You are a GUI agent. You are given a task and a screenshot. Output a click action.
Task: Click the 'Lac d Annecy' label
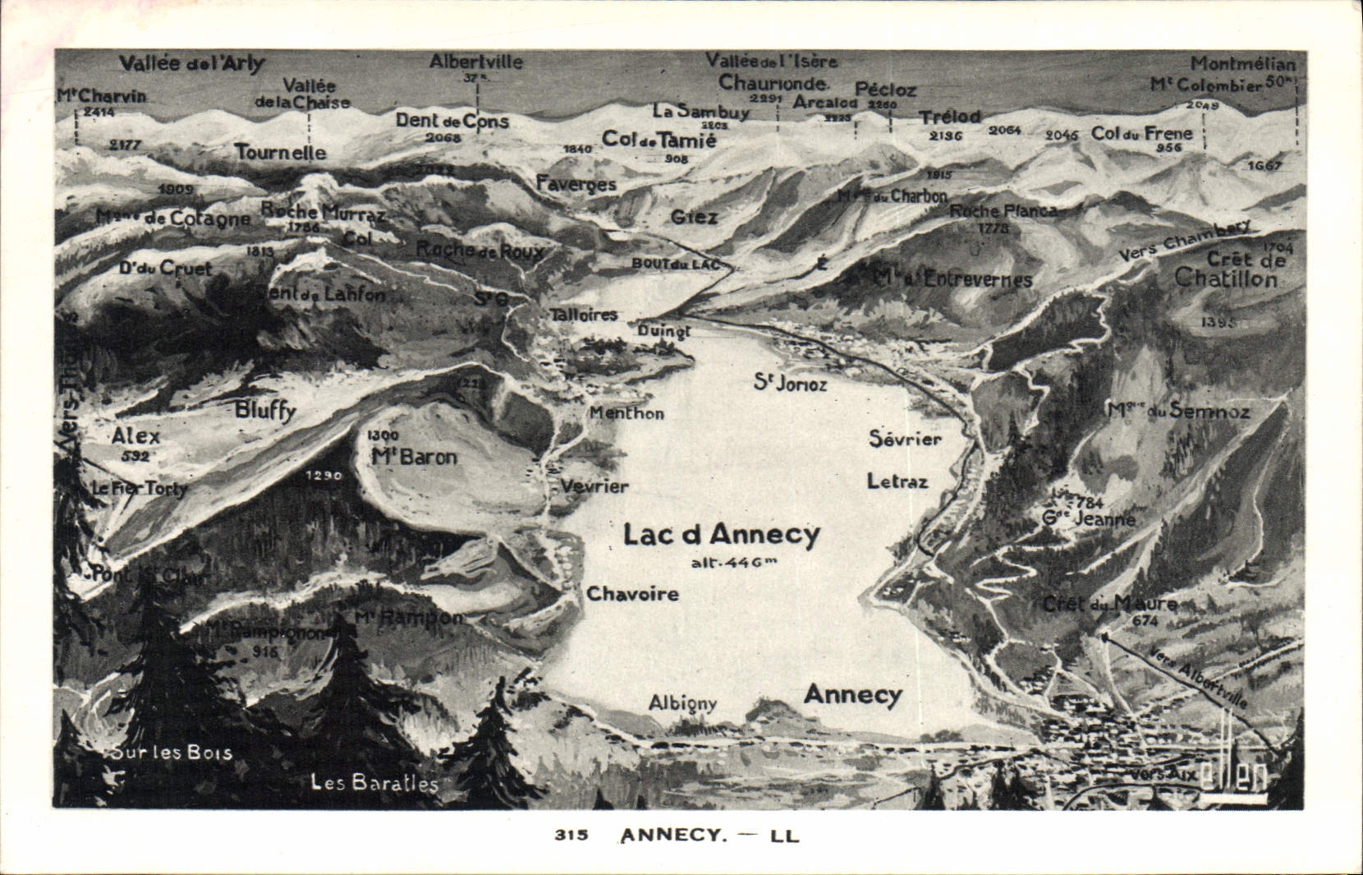(721, 535)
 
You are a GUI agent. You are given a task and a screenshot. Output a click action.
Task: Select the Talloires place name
(583, 315)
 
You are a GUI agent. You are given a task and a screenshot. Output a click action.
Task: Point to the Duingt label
(664, 331)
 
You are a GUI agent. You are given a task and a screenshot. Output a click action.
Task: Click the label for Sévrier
(905, 440)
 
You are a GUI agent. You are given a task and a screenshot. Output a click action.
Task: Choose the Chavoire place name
(632, 594)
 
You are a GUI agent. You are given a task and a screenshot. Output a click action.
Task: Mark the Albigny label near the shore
(682, 703)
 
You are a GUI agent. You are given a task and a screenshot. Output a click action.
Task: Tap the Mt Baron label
(414, 458)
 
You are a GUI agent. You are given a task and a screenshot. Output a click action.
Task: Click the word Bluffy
(264, 411)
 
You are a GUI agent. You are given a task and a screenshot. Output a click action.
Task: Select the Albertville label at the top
(475, 62)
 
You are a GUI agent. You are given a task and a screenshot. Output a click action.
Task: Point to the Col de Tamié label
(659, 140)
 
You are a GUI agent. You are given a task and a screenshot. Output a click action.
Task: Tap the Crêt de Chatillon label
(1227, 269)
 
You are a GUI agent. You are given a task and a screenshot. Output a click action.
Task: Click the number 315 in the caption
(571, 836)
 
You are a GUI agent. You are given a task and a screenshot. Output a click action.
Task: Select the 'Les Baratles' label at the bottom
(374, 783)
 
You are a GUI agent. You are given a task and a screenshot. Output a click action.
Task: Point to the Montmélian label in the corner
(1243, 63)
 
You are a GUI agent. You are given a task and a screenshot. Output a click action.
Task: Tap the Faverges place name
(576, 184)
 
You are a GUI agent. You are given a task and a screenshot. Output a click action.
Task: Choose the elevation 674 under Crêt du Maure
(1144, 622)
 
